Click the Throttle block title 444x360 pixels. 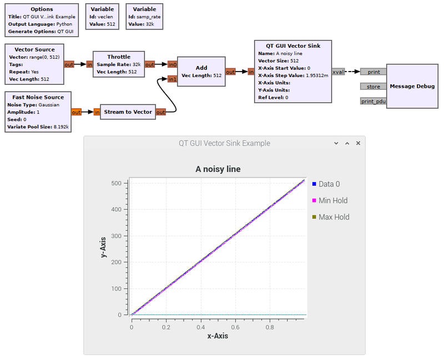119,57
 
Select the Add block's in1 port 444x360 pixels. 172,79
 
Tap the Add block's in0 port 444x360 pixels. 172,64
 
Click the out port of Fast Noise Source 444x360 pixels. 76,112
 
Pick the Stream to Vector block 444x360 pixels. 128,112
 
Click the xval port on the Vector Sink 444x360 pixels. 338,72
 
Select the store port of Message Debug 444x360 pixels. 373,87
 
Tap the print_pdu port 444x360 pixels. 373,102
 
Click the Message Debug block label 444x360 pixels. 412,87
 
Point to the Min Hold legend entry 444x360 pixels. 330,200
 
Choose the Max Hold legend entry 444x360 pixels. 331,217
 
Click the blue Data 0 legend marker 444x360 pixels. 314,184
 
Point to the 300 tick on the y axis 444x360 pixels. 117,236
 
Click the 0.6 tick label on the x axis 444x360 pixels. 235,327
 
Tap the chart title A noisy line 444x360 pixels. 218,169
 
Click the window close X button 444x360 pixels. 358,143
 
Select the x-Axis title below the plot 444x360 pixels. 218,336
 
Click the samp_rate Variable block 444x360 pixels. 144,17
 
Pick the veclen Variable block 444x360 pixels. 102,17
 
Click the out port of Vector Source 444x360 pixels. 69,64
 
